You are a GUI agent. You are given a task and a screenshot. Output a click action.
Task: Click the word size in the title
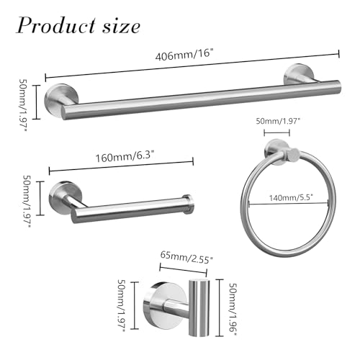pos(122,27)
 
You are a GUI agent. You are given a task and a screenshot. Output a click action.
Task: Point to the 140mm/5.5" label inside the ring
pos(291,197)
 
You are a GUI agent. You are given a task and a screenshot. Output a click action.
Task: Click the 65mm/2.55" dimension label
pos(186,257)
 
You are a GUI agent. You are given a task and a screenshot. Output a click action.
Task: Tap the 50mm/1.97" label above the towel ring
pos(278,121)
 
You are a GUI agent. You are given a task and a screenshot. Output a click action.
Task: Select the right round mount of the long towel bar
pos(296,74)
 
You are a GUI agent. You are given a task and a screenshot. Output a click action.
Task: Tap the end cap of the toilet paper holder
pos(188,204)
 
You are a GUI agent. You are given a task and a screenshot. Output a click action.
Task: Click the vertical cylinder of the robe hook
pos(199,307)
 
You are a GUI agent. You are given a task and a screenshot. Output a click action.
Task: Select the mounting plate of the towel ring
pos(276,152)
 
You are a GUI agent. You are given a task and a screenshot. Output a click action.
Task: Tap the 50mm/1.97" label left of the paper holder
pos(27,201)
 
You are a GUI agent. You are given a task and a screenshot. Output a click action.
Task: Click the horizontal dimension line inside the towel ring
pos(289,204)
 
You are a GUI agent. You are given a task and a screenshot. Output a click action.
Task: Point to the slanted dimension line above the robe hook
pos(183,269)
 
